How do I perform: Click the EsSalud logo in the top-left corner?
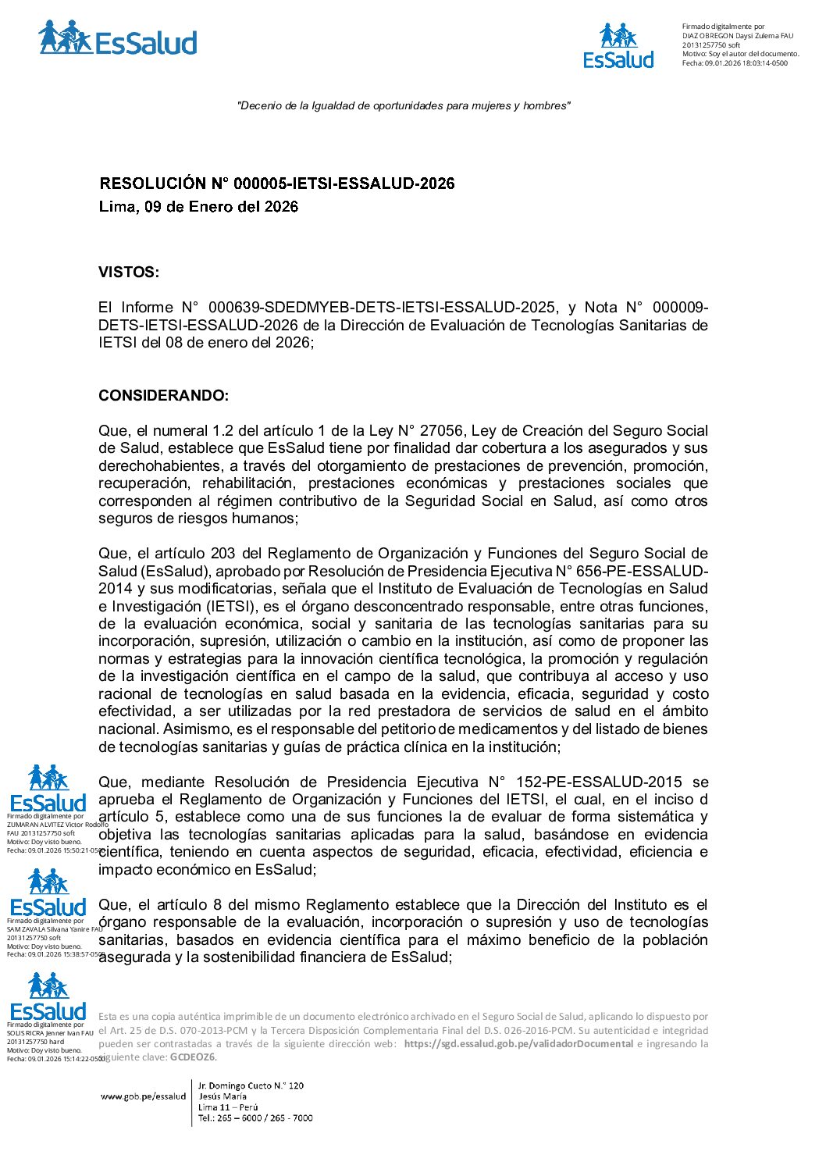[x=117, y=38]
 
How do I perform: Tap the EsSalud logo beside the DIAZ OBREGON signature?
[x=618, y=46]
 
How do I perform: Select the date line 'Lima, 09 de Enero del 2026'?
[x=198, y=207]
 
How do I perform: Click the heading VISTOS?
[x=128, y=273]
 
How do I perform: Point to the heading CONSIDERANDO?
[x=163, y=396]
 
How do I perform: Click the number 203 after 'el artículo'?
[x=223, y=554]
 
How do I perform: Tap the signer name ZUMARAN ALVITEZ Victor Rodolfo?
[x=57, y=825]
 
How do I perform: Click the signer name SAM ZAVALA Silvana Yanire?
[x=54, y=929]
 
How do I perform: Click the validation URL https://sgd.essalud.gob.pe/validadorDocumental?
[x=518, y=1044]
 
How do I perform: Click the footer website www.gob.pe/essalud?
[x=144, y=1096]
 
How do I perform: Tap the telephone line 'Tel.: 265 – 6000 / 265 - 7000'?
[x=255, y=1118]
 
